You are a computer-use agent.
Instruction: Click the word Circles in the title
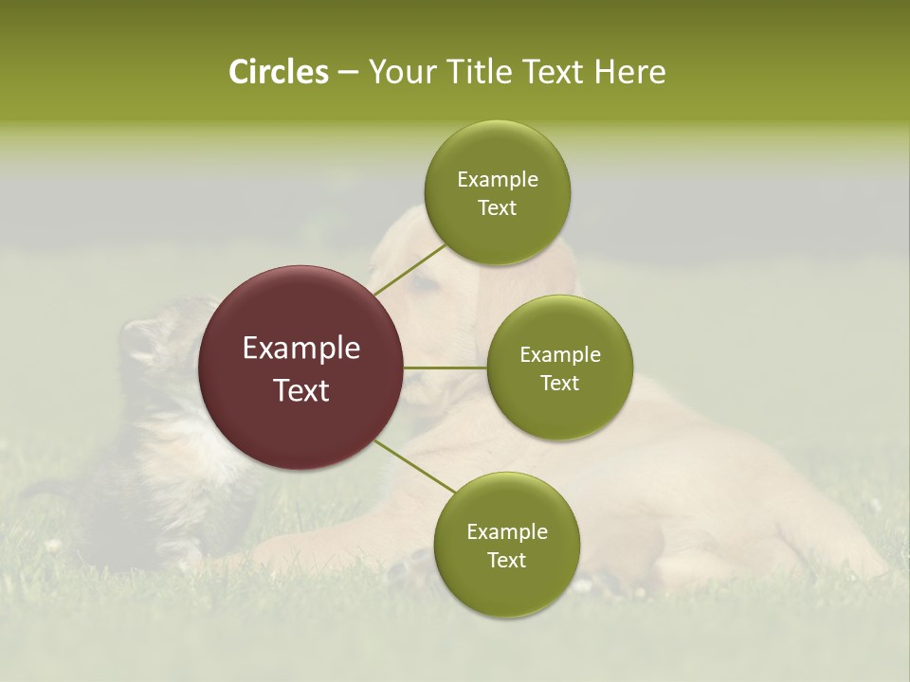[278, 72]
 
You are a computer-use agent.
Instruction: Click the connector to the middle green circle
[445, 368]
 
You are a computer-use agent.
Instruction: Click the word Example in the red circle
[301, 349]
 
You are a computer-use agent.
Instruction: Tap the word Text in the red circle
[301, 390]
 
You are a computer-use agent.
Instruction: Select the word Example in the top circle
[498, 180]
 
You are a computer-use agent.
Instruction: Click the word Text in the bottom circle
[506, 560]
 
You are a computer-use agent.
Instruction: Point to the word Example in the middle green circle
[560, 355]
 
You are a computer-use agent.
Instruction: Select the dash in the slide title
[347, 73]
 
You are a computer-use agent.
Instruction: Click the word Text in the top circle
[498, 208]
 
